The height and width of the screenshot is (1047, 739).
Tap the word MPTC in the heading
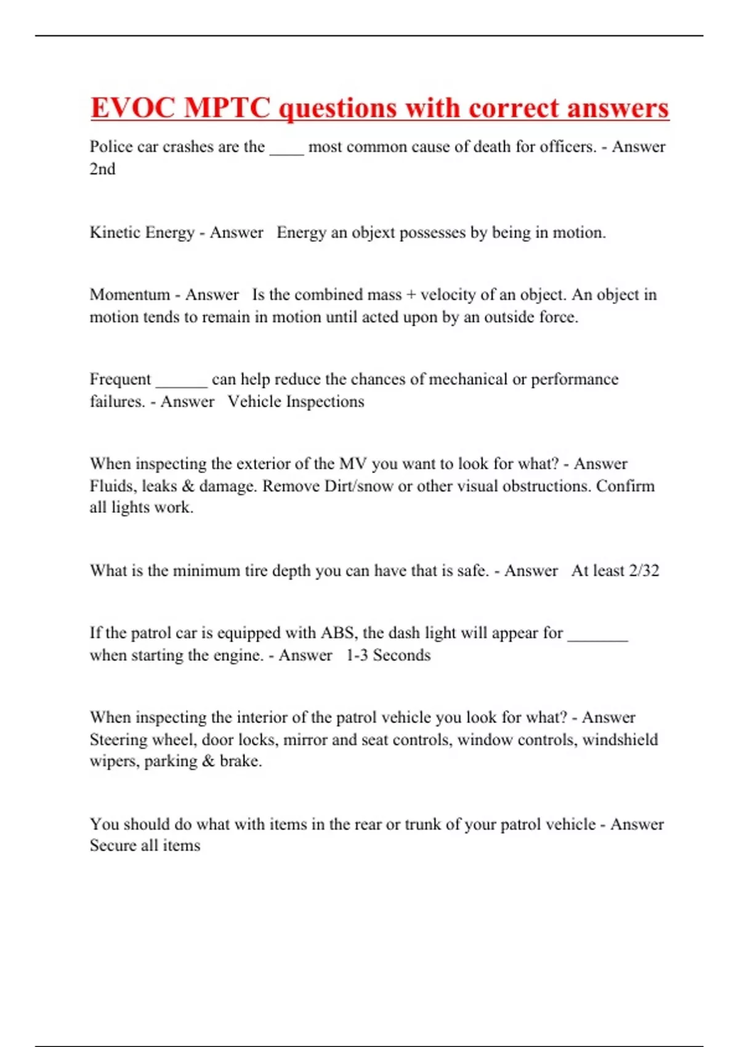(227, 108)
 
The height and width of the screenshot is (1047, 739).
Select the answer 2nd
(102, 169)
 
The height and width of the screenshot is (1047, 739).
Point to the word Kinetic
(115, 232)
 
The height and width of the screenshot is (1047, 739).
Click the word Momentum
(129, 294)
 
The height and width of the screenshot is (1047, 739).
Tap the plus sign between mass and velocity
(411, 295)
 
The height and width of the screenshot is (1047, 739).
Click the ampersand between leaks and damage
(188, 486)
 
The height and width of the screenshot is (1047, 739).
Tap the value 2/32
(644, 570)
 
